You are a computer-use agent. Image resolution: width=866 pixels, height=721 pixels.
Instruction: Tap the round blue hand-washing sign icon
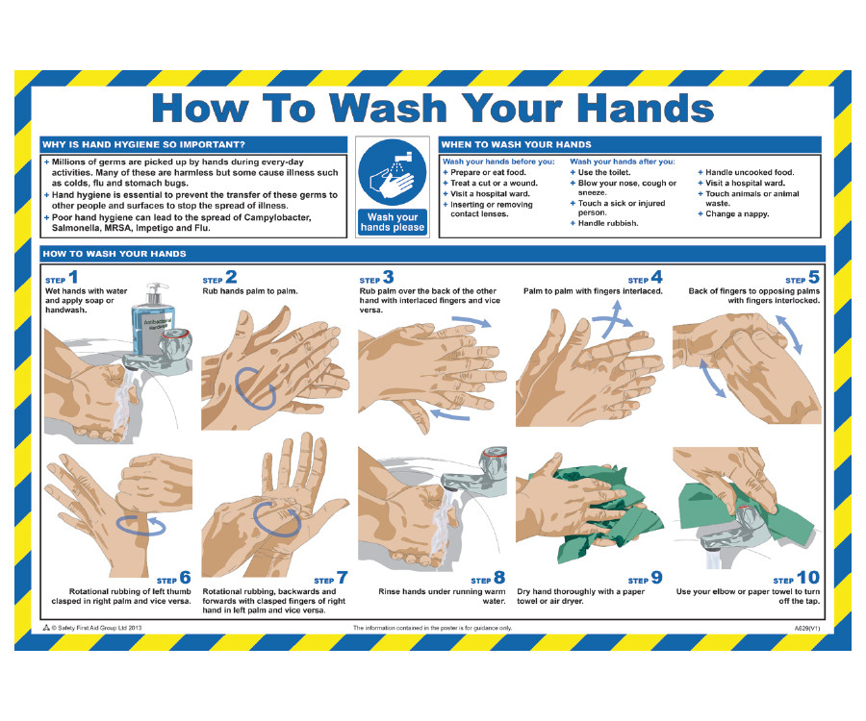(x=393, y=172)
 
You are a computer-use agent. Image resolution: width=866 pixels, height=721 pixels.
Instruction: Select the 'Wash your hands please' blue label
(x=393, y=222)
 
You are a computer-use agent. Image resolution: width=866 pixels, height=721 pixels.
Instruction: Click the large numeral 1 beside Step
(x=73, y=277)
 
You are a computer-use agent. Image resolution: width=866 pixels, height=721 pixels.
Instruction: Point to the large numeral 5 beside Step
(x=813, y=277)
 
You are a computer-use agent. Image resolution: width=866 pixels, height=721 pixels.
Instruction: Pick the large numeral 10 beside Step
(x=808, y=578)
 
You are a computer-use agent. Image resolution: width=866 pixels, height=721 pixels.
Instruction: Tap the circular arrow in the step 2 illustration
(x=255, y=387)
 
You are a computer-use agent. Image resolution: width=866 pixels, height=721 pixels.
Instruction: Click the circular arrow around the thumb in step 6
(x=140, y=525)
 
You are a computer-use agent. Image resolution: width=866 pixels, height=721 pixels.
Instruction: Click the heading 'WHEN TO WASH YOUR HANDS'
(x=516, y=144)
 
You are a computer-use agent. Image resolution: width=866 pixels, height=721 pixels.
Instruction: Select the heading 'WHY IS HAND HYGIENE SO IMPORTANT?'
(x=143, y=144)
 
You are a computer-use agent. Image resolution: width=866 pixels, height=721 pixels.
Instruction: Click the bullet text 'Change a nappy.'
(x=737, y=214)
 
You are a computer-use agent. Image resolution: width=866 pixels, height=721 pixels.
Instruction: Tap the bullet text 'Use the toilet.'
(x=603, y=172)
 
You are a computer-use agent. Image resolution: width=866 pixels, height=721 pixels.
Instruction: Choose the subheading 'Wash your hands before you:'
(x=498, y=162)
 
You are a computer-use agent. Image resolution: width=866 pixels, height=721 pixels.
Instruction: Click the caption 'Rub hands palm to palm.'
(x=249, y=290)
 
